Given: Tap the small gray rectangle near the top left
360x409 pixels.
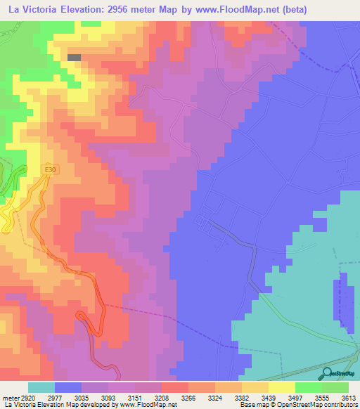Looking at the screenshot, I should point(74,57).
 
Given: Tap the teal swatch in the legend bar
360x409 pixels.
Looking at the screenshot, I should point(41,387).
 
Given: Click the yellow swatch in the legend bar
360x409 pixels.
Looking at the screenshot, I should point(281,387).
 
